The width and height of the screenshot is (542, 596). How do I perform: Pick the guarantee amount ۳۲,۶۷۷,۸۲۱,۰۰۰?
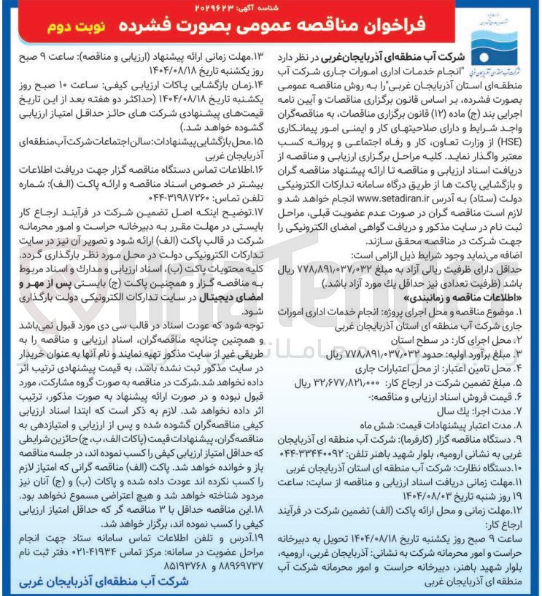click(x=340, y=381)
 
